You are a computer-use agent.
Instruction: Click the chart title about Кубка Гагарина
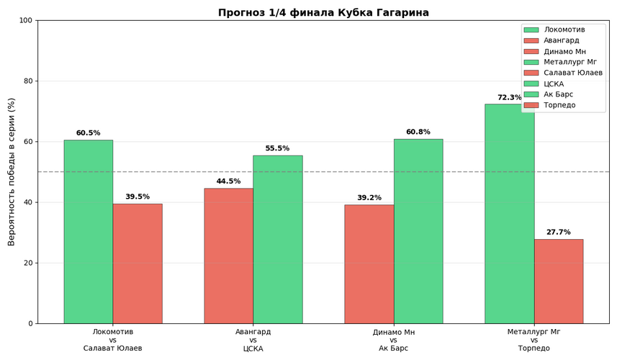323,12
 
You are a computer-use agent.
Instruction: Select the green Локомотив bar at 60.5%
88,231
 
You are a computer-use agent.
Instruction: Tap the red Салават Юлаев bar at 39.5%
137,264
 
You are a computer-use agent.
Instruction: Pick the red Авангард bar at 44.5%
228,256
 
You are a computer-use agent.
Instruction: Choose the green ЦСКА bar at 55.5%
277,239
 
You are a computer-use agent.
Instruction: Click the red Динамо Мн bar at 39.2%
369,264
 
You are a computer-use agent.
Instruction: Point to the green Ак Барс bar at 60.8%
418,230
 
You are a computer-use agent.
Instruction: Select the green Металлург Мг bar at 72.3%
509,213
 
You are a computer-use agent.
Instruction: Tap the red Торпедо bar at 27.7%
558,281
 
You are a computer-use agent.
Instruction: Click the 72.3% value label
509,98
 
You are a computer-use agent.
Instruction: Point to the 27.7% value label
558,233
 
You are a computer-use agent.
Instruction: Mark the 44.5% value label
228,181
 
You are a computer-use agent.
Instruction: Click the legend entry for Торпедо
559,105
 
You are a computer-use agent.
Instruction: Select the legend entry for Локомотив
564,30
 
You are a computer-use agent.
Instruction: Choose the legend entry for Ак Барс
559,94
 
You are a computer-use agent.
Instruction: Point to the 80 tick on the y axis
28,81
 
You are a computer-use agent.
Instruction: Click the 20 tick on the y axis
28,263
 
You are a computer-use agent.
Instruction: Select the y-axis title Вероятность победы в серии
12,171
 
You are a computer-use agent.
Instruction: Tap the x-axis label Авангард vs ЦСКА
253,340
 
